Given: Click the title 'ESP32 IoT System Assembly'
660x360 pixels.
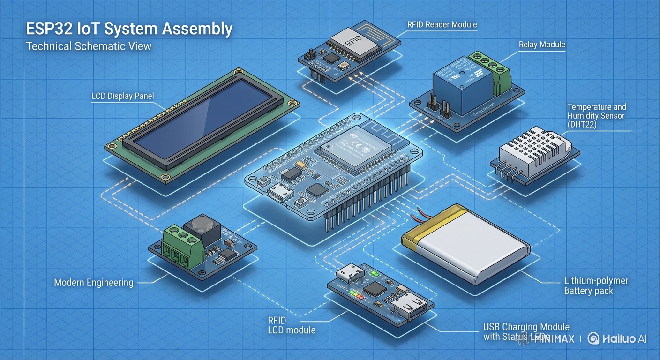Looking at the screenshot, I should [x=129, y=29].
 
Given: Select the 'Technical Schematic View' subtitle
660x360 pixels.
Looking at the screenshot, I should [x=89, y=46].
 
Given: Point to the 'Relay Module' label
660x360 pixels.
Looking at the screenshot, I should [x=542, y=45].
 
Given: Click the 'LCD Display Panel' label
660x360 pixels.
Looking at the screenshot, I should [x=122, y=96].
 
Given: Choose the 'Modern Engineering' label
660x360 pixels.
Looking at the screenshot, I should [x=94, y=283].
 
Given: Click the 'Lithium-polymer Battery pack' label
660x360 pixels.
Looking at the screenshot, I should [x=596, y=286].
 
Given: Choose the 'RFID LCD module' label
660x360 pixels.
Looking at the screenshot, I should [x=291, y=325].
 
